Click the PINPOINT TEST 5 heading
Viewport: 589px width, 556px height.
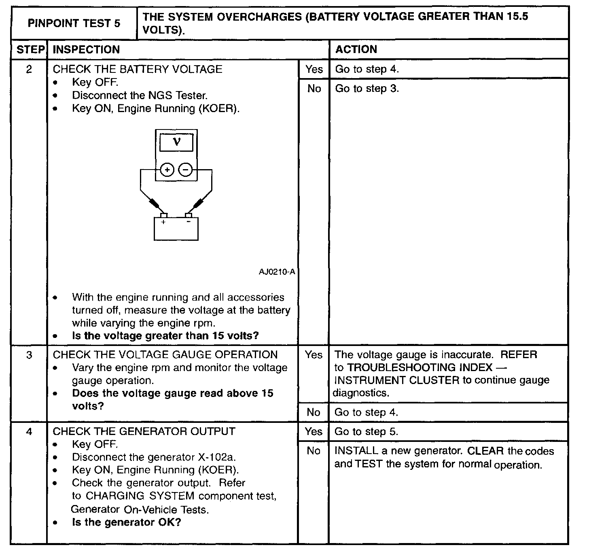(x=74, y=23)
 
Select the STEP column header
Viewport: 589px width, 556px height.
(x=30, y=50)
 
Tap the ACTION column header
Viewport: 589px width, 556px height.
(x=356, y=49)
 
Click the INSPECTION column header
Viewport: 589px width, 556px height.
(x=86, y=50)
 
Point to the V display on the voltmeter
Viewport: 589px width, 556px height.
(x=176, y=142)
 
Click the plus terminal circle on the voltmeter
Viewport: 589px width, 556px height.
(x=167, y=170)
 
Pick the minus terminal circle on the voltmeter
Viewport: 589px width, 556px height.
(x=186, y=170)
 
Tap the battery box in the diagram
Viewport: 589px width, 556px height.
(x=176, y=229)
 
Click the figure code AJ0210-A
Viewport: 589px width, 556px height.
(x=277, y=272)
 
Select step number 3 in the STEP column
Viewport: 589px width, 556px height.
(x=29, y=355)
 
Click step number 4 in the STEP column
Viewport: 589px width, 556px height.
(x=29, y=432)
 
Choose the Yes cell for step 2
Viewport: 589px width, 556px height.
(x=314, y=69)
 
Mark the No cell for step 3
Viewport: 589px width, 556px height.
(x=314, y=412)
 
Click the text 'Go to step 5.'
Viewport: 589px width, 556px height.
(x=366, y=432)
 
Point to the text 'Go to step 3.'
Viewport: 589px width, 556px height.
(x=367, y=89)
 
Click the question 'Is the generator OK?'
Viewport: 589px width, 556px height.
(x=126, y=522)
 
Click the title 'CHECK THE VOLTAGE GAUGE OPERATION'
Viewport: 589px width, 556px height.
(x=165, y=355)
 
